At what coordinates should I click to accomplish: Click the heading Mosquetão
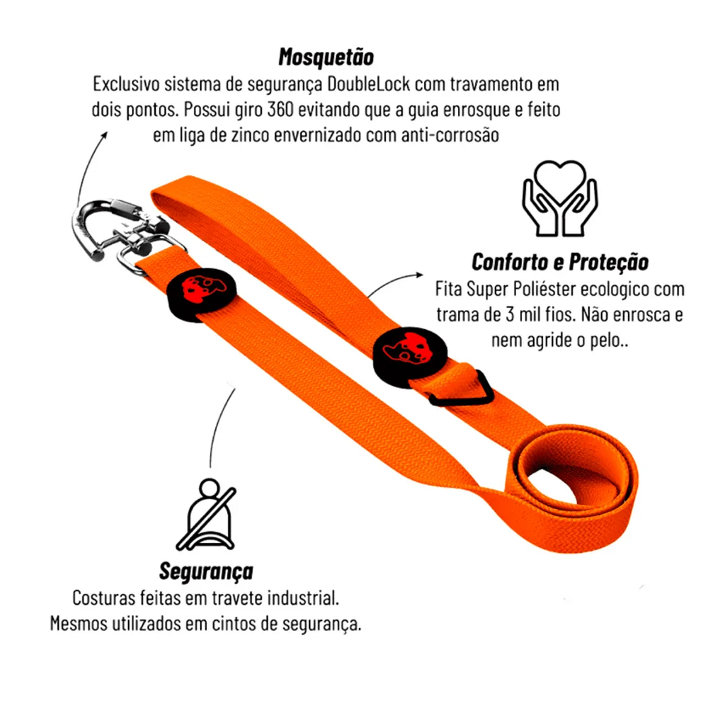326,57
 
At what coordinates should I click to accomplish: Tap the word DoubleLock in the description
368,84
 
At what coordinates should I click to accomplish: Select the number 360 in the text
280,110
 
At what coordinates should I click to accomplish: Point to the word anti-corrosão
450,135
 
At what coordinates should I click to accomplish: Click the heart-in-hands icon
560,198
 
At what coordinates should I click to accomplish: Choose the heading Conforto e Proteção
560,262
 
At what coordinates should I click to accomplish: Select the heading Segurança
206,571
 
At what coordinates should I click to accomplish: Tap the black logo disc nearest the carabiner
201,294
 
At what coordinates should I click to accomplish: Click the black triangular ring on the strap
461,388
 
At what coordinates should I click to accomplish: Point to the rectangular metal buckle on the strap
152,255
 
